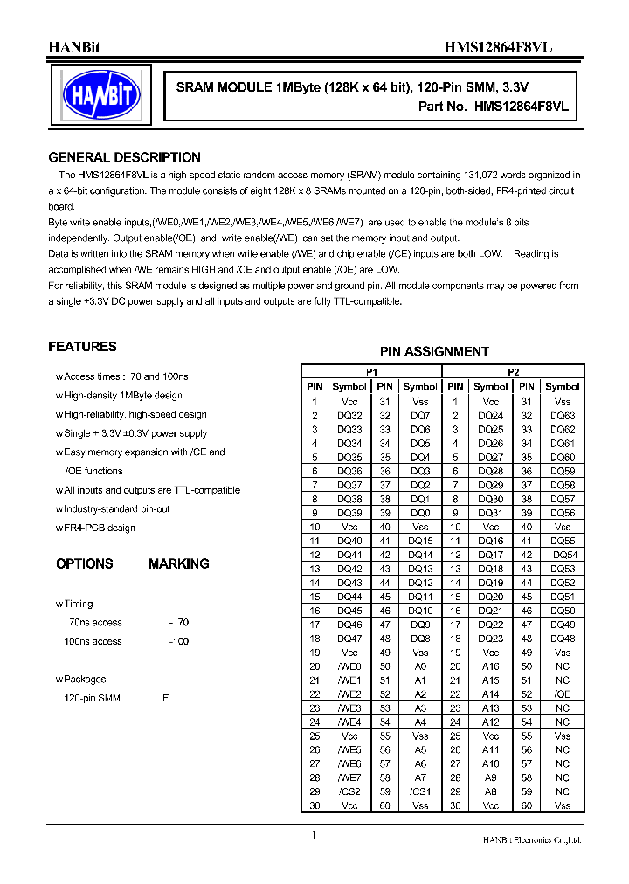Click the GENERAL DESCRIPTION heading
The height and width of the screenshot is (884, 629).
124,158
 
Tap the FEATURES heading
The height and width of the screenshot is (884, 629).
82,347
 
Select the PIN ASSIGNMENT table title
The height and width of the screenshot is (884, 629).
434,352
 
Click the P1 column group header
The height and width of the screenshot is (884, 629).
371,371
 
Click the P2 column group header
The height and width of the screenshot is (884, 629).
513,371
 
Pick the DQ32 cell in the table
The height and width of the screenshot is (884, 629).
349,416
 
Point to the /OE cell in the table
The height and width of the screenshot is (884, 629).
562,694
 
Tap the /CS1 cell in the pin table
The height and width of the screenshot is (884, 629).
420,791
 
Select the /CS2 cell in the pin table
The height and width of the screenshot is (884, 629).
349,791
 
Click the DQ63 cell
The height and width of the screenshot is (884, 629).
562,416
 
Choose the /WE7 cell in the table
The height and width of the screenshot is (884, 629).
349,777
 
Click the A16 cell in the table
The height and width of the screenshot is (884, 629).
491,666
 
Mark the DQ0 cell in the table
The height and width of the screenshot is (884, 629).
420,513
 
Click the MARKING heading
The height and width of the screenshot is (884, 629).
178,564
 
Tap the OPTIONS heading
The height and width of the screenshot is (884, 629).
85,564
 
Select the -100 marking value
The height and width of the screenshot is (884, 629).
178,641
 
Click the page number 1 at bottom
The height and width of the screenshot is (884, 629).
314,836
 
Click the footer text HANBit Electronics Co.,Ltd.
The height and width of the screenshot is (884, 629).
532,840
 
